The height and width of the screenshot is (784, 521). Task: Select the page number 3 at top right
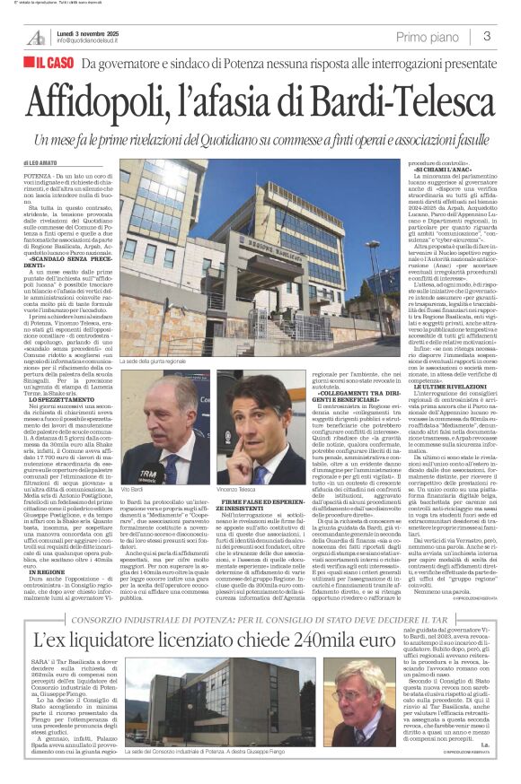pos(486,36)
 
